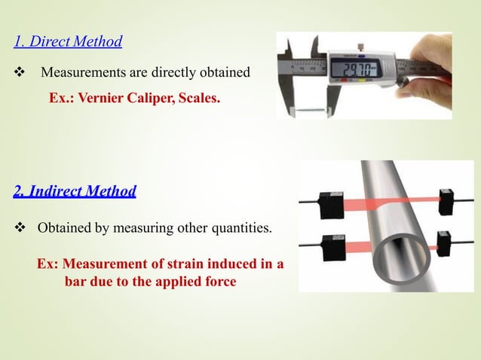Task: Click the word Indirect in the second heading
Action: [57, 191]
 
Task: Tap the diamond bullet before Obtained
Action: [20, 227]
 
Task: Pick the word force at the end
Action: [219, 282]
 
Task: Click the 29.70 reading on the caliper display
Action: [355, 70]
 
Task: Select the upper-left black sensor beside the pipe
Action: [328, 200]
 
